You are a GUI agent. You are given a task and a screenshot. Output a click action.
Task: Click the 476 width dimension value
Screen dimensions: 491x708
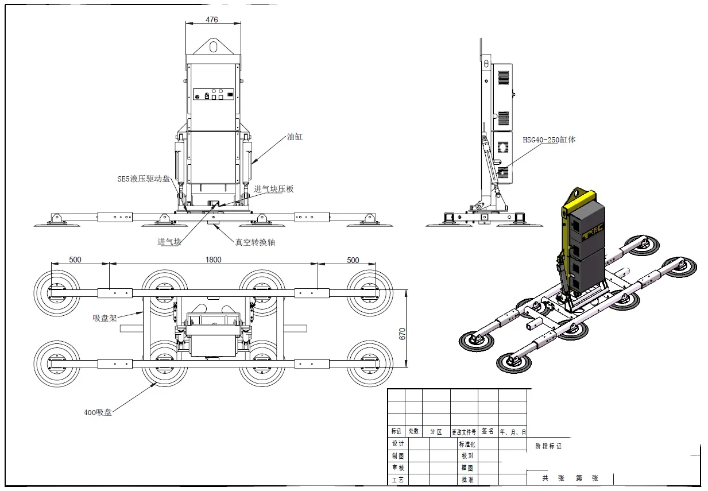click(x=212, y=20)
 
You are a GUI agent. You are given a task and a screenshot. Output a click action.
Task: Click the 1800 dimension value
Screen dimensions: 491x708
click(x=213, y=260)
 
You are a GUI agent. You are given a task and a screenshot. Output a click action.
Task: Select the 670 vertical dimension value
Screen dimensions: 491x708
click(x=402, y=334)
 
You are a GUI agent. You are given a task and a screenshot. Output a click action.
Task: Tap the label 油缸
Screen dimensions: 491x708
click(x=295, y=137)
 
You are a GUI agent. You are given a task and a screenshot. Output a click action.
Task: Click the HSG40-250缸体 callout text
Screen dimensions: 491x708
click(x=548, y=140)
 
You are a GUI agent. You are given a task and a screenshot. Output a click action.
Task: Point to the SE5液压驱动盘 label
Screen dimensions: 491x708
click(x=144, y=179)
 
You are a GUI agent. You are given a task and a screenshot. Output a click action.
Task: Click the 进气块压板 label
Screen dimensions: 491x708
click(x=274, y=189)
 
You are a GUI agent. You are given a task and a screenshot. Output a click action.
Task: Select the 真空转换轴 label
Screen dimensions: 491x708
click(x=255, y=242)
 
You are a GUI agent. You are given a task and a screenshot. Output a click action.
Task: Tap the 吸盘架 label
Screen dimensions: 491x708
click(x=105, y=317)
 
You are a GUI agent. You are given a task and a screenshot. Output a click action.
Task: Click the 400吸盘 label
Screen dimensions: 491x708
click(x=98, y=412)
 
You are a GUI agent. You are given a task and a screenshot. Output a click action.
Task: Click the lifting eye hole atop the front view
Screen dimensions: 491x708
click(x=213, y=44)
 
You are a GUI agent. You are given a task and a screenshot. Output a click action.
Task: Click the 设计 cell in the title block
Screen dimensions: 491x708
click(x=397, y=443)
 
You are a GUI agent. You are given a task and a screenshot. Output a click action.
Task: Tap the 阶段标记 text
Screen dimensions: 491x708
click(x=548, y=446)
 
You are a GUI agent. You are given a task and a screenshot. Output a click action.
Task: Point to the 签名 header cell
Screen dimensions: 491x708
click(x=488, y=431)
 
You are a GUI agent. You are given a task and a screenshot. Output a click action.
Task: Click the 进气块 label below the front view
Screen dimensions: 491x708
click(x=169, y=242)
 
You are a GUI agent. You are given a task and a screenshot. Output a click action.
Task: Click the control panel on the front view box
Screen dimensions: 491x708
click(x=213, y=95)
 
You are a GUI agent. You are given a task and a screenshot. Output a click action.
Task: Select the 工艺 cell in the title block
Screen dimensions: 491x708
click(x=397, y=480)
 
